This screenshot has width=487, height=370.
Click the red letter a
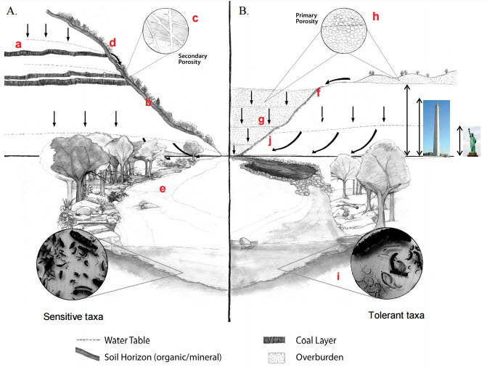pos(18,45)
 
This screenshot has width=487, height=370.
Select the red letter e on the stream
pos(163,190)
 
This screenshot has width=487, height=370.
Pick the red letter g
pos(261,120)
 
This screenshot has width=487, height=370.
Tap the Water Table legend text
pos(130,339)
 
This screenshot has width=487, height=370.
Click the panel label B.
pos(244,10)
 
